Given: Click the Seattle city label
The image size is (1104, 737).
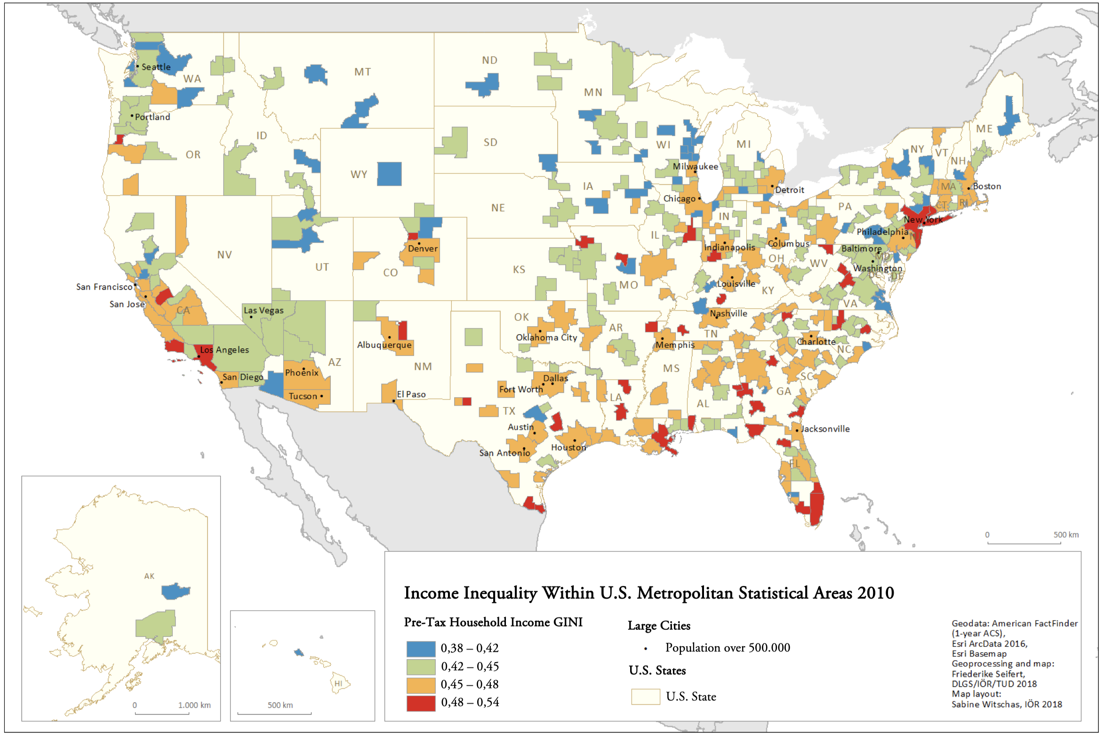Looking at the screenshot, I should pos(156,67).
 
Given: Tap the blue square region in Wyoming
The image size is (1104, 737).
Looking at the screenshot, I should pos(389,174).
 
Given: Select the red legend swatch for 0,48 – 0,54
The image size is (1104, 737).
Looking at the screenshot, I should pos(421,703).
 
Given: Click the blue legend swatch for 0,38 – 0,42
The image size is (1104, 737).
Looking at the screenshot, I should pos(421,649).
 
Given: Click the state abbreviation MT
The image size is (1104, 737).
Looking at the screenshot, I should pos(362,72).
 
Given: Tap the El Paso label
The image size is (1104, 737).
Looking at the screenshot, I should pos(411,394).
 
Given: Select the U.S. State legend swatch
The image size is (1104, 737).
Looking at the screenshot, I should pos(645,697).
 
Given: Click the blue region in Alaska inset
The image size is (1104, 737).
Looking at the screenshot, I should pos(175,591).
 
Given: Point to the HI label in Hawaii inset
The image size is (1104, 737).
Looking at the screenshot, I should pos(338,683).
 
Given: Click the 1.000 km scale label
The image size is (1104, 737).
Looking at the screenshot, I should pos(194,705).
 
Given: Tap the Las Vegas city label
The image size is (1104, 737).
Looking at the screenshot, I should pos(264,311).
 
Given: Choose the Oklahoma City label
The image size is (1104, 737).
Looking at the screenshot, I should pos(546,337).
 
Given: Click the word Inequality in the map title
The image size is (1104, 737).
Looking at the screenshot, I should pos(500,593).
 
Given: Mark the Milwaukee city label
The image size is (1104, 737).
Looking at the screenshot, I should pos(695,167).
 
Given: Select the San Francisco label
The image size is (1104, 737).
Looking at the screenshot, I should pos(104,287).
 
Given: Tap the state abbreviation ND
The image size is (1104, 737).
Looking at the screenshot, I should pos(489,60).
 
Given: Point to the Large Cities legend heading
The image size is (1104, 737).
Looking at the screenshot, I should pos(659,625).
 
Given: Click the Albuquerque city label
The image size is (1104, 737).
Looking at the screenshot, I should pos(384,345).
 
